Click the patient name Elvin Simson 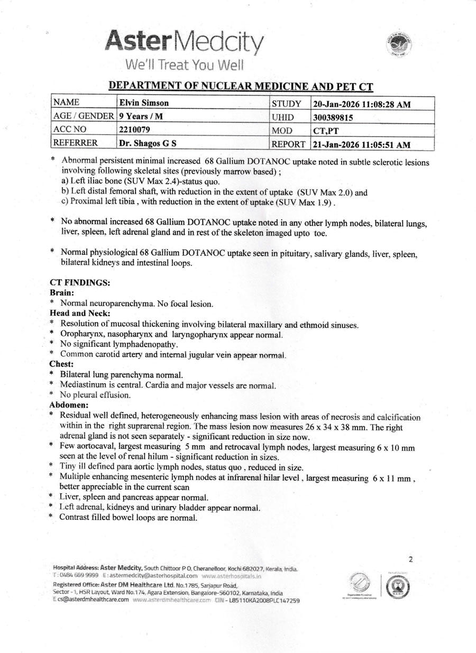[x=140, y=104]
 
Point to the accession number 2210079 [x=132, y=130]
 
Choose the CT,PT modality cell [x=326, y=131]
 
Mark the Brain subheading [x=61, y=292]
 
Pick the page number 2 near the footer [x=410, y=559]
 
